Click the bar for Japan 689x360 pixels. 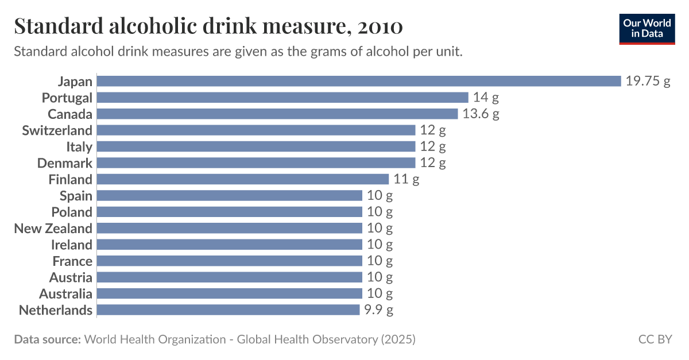coord(359,81)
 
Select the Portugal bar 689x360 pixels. coord(282,98)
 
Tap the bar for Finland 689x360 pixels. coord(243,179)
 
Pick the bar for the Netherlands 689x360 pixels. coord(228,310)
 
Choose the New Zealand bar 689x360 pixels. coord(230,229)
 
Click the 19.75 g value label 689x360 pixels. coord(648,81)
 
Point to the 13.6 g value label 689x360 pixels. coord(481,114)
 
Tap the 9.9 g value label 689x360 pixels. coord(379,310)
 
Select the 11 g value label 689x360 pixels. coord(407,179)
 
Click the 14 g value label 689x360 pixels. coord(486,98)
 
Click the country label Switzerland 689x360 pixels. coord(57,130)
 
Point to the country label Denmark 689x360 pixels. coord(64,163)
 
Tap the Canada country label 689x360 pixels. coord(69,114)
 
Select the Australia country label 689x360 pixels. coord(65,294)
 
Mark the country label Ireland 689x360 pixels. coord(72,245)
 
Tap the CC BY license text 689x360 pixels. coord(655,339)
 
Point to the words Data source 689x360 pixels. coord(47,339)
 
